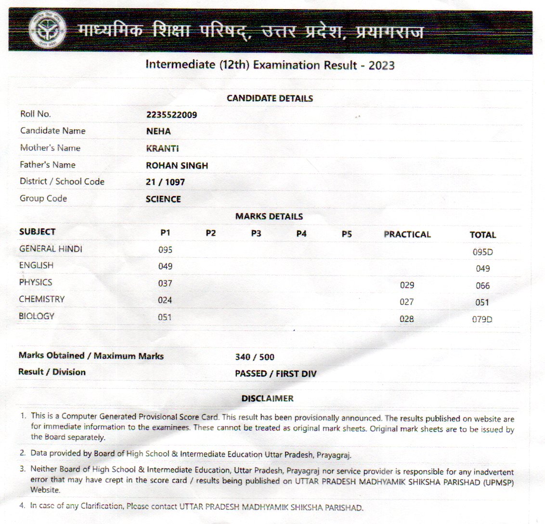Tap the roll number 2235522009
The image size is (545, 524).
click(x=171, y=115)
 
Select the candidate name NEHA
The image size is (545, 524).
click(x=158, y=131)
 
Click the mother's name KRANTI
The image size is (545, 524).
click(x=162, y=148)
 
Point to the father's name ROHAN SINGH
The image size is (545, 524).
click(x=177, y=165)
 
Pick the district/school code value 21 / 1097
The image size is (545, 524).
click(x=165, y=182)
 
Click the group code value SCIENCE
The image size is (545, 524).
click(x=163, y=199)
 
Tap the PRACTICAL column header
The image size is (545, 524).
click(x=407, y=235)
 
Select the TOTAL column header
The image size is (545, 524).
click(x=482, y=235)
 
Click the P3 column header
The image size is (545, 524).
click(x=256, y=234)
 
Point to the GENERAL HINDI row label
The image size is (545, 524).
click(x=51, y=249)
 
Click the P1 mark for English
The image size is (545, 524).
click(x=165, y=266)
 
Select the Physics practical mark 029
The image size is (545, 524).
click(x=407, y=285)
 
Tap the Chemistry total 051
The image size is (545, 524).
click(x=482, y=302)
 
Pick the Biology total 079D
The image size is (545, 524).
click(x=482, y=319)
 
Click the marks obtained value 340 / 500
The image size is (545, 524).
click(x=255, y=357)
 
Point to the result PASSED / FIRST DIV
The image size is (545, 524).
click(x=275, y=374)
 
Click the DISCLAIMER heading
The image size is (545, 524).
click(x=267, y=399)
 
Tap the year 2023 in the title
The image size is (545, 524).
click(x=381, y=65)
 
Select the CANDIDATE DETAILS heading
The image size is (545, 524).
click(x=270, y=98)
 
